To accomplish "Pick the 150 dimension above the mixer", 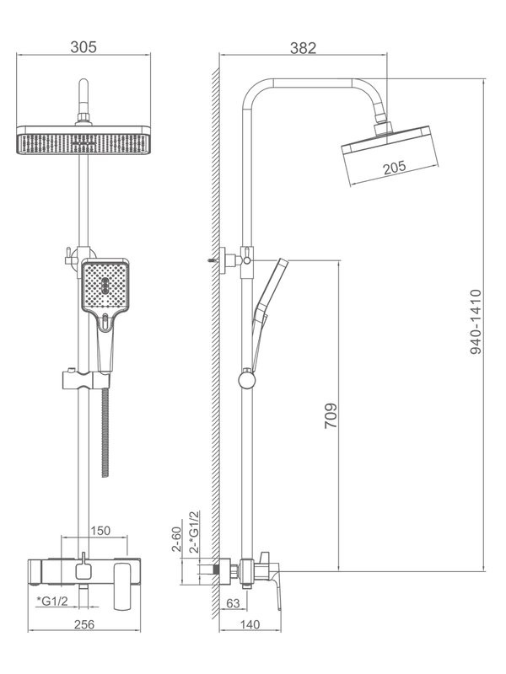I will [x=100, y=530].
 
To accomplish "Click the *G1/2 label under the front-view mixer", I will [x=52, y=600].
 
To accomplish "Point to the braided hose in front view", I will [x=105, y=430].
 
